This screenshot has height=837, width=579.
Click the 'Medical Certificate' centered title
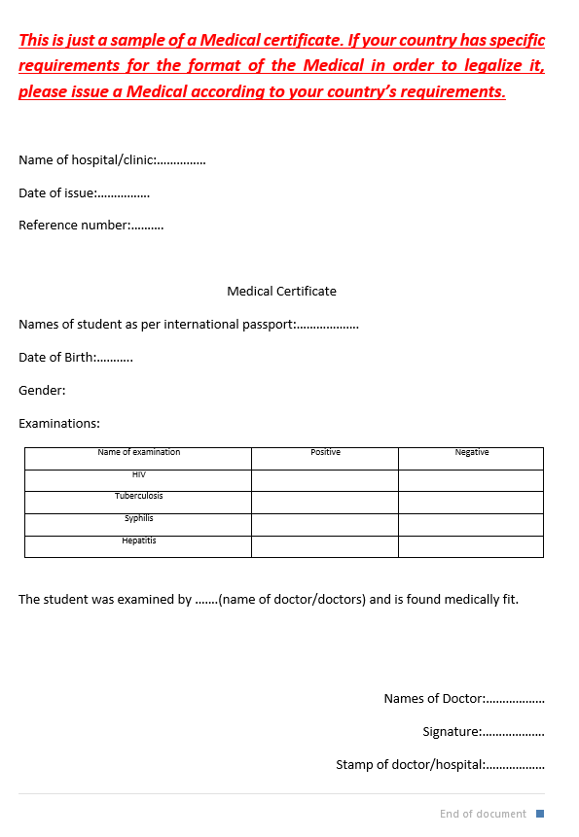click(281, 291)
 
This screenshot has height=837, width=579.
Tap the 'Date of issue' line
click(84, 192)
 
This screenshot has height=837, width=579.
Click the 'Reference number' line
click(90, 226)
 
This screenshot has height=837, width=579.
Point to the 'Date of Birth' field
click(75, 357)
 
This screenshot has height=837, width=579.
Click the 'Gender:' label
click(42, 391)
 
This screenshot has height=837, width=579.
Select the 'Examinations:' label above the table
click(59, 424)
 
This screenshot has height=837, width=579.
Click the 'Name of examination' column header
click(138, 452)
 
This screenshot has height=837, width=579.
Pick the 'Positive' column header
click(325, 452)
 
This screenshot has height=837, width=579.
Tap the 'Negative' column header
click(471, 452)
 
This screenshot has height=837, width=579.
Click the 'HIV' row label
click(138, 474)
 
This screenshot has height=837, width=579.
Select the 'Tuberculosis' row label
click(138, 497)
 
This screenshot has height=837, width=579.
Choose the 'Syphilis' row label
click(138, 518)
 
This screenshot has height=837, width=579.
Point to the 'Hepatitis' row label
click(138, 541)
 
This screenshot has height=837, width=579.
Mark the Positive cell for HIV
click(325, 480)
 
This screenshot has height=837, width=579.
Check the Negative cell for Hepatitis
click(471, 546)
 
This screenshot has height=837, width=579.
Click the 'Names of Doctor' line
click(463, 699)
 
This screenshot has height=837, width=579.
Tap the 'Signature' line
click(483, 732)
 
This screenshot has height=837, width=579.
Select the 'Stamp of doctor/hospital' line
click(440, 765)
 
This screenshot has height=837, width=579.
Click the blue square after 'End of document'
click(540, 814)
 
